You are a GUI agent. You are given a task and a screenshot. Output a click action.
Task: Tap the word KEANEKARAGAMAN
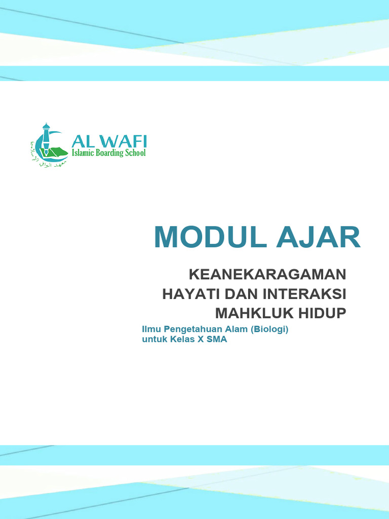point(267,275)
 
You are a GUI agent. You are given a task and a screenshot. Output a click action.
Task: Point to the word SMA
point(218,340)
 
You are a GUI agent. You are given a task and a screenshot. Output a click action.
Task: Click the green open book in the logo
point(59,152)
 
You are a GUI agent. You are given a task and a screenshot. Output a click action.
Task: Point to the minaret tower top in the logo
point(46,126)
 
